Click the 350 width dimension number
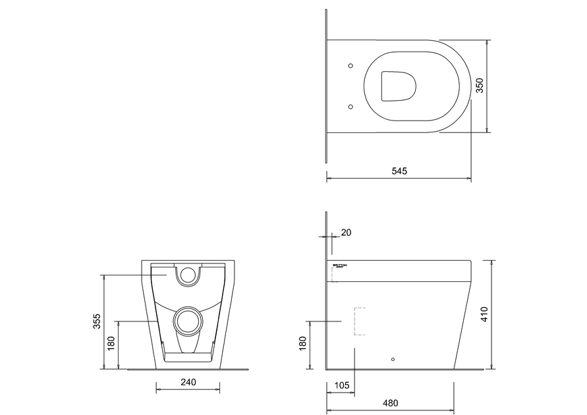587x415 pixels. click(480, 86)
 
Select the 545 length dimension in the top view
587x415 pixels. click(399, 171)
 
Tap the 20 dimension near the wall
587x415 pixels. click(347, 233)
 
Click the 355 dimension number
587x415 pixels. click(97, 321)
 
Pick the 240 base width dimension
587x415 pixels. click(189, 382)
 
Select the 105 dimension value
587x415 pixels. click(341, 384)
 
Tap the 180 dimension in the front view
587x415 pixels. click(111, 343)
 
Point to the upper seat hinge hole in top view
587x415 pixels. click(350, 66)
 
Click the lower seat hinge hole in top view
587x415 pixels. click(350, 106)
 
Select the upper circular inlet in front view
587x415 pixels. click(189, 275)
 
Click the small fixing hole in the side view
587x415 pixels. click(393, 359)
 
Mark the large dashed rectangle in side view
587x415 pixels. click(360, 321)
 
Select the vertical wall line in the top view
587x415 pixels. click(327, 86)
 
